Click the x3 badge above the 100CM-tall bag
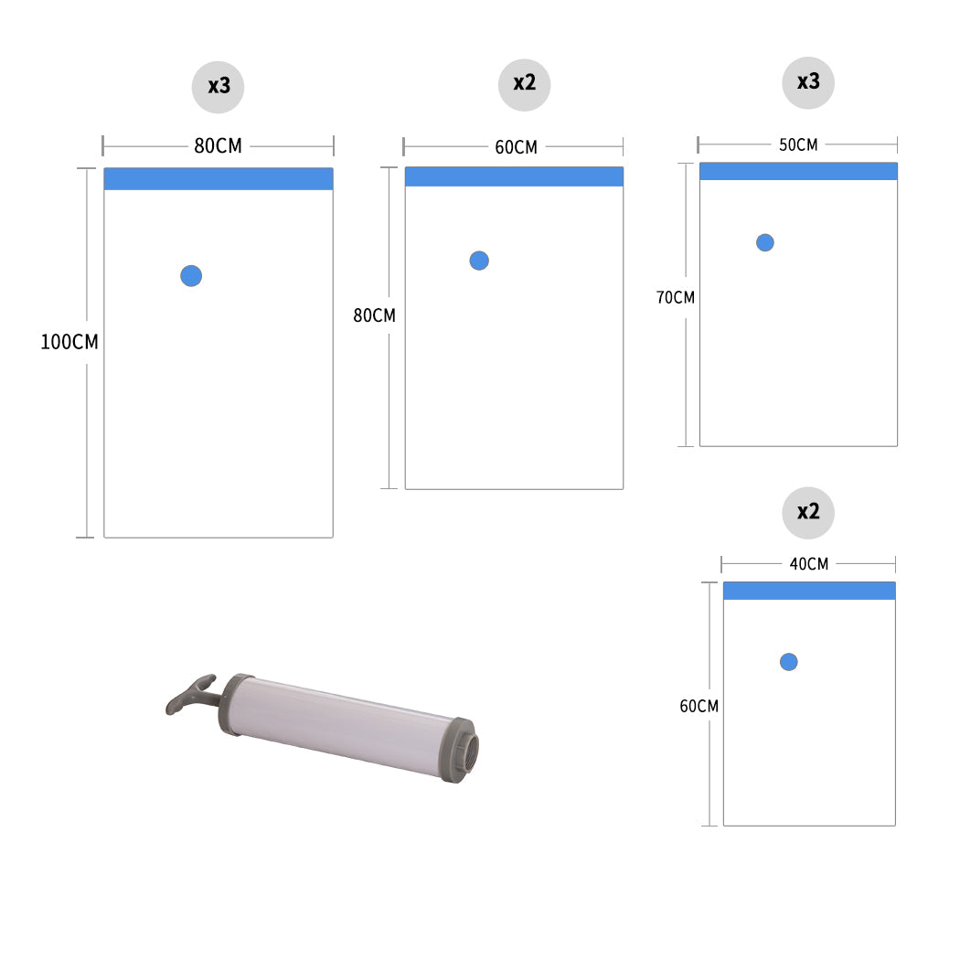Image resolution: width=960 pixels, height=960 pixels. (x=218, y=87)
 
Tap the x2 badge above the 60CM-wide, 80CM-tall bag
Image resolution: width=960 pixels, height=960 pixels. (x=524, y=84)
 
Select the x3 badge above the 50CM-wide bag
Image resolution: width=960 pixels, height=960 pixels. (x=808, y=82)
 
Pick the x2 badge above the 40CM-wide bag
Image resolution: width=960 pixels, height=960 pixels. (x=808, y=512)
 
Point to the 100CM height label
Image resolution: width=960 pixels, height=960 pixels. (x=69, y=342)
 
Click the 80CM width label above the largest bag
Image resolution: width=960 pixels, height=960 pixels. (x=218, y=145)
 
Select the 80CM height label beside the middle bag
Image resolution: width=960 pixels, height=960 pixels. (x=374, y=315)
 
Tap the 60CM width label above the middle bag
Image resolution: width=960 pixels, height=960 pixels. (x=517, y=147)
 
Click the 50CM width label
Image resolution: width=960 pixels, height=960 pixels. (x=798, y=144)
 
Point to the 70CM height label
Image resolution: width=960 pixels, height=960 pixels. (x=676, y=297)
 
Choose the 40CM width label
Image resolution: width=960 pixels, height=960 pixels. (x=809, y=564)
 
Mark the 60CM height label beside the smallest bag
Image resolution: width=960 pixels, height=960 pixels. (x=699, y=706)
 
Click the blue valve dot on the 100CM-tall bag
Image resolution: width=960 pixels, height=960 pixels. (x=191, y=275)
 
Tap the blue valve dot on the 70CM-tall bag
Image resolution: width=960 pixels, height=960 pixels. (x=764, y=242)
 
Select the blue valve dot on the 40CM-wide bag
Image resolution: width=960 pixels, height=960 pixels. (x=788, y=662)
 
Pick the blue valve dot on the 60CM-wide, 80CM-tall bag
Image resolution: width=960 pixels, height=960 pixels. (x=479, y=261)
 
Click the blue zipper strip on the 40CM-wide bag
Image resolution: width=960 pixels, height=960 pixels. (x=809, y=591)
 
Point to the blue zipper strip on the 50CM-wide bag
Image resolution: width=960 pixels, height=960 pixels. (x=798, y=172)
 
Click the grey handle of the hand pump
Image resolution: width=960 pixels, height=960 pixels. (x=190, y=695)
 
